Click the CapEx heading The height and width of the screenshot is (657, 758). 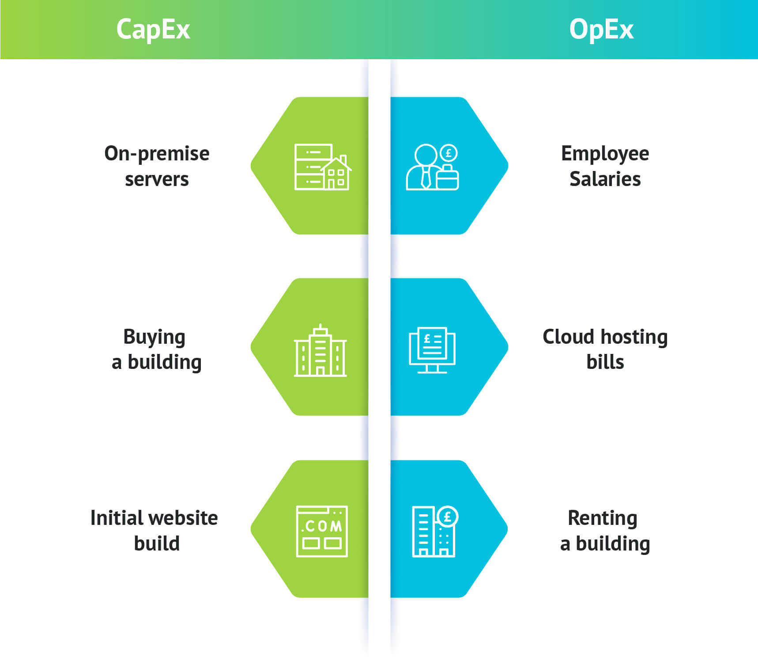point(153,30)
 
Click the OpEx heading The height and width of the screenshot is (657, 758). point(601,30)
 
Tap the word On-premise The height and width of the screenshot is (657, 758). point(157,154)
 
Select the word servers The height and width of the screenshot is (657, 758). point(157,179)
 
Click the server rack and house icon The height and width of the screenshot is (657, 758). point(322,167)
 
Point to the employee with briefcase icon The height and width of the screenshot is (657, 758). point(432,167)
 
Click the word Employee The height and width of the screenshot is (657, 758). point(605,154)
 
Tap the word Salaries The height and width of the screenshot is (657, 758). point(605,179)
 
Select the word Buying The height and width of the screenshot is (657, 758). point(154,337)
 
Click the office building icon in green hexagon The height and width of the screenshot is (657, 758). point(321,350)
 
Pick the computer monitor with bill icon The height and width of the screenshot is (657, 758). point(432,349)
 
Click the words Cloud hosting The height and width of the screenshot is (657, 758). point(605,337)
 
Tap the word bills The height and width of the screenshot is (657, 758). point(605,362)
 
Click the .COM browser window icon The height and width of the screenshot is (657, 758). point(322,531)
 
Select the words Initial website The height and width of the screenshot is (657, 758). point(154,518)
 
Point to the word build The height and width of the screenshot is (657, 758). point(157,543)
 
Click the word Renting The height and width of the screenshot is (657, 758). point(602,518)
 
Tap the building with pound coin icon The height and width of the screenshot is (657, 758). point(434,531)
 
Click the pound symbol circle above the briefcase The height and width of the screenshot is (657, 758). point(449,153)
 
